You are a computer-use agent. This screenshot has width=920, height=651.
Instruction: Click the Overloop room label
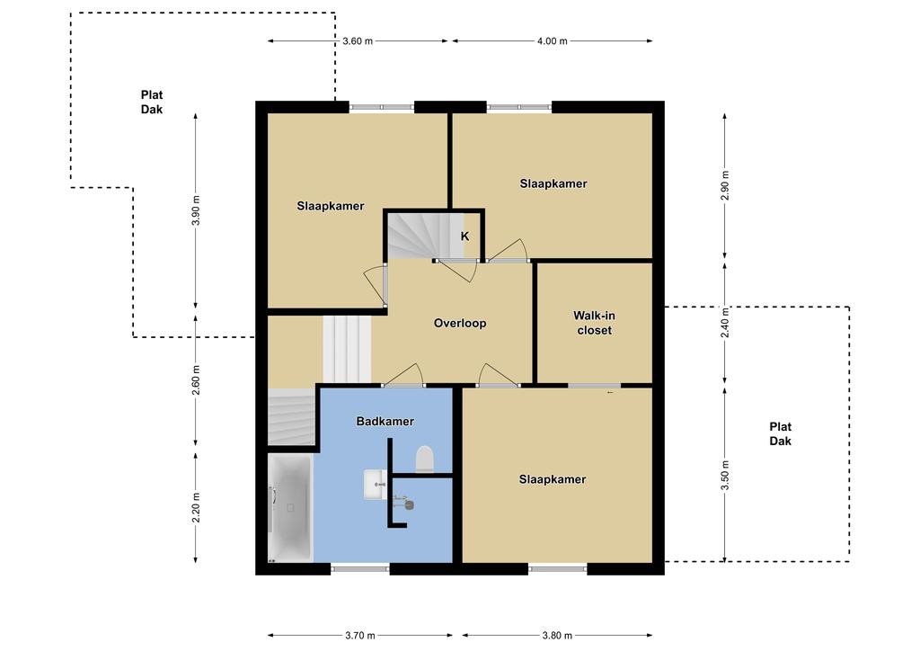(x=460, y=324)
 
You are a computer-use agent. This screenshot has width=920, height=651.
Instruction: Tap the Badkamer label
(x=385, y=422)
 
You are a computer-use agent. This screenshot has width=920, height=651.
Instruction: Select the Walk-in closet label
(x=595, y=323)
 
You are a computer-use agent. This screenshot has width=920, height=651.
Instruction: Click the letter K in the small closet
(x=464, y=236)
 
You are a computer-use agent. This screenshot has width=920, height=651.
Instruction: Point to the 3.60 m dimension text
(x=358, y=41)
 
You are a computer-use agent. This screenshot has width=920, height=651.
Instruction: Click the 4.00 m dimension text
(x=553, y=41)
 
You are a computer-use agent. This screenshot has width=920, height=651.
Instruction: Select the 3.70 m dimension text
(x=359, y=635)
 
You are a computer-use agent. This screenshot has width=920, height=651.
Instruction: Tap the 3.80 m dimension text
(x=557, y=635)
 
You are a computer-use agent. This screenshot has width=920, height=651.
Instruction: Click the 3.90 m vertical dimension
(x=196, y=210)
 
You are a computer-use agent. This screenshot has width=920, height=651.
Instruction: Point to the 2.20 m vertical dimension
(x=196, y=508)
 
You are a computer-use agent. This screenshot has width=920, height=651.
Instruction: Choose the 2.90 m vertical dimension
(x=725, y=185)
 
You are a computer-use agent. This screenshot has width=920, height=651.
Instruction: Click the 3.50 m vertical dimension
(x=725, y=475)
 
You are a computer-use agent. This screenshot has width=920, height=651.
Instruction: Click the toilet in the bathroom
(x=424, y=459)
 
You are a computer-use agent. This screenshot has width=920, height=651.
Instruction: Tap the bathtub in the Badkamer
(x=290, y=508)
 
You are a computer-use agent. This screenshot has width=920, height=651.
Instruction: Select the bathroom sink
(x=375, y=485)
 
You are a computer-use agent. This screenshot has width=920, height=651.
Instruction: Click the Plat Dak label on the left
(x=151, y=103)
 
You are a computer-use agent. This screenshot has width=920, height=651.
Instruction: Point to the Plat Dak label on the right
(x=781, y=433)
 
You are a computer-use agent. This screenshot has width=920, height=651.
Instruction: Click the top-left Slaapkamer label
(x=331, y=206)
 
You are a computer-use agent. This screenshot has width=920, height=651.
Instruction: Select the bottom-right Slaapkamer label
(x=553, y=479)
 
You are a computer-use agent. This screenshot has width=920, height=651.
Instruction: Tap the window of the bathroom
(x=360, y=568)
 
